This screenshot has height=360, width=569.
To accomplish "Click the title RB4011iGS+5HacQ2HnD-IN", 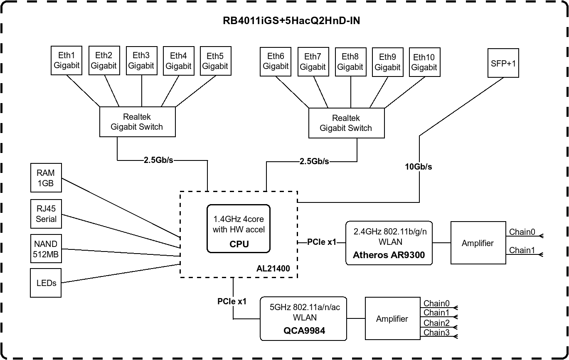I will click(x=291, y=21).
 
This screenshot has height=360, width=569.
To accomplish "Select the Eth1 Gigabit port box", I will click(x=67, y=60).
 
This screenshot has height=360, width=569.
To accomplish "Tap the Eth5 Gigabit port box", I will click(x=215, y=60).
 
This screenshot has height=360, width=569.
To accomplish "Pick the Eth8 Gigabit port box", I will click(x=350, y=62).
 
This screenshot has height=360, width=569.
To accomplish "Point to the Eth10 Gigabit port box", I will click(x=424, y=62).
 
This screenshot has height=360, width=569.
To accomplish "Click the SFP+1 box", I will click(x=503, y=63).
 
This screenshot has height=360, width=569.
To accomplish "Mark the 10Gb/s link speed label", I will click(x=419, y=167).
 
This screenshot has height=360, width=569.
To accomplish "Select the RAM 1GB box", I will click(x=46, y=178).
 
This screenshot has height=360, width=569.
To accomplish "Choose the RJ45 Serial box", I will click(x=46, y=214).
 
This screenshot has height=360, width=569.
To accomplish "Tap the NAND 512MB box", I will click(x=46, y=249).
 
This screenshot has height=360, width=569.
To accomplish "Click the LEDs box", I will click(x=46, y=283).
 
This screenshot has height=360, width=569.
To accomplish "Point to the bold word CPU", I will click(x=239, y=244).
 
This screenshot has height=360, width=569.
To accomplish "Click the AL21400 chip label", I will click(x=273, y=269).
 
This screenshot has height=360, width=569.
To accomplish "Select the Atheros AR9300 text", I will click(x=389, y=255).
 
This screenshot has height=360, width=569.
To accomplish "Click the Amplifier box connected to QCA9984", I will click(x=392, y=319).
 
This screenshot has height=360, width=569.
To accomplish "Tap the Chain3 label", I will click(x=436, y=333).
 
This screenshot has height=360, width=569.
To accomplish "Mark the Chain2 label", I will click(x=436, y=323).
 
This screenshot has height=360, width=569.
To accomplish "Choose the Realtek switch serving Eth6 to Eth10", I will click(x=345, y=123).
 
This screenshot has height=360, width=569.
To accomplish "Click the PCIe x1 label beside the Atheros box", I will click(x=321, y=242).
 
